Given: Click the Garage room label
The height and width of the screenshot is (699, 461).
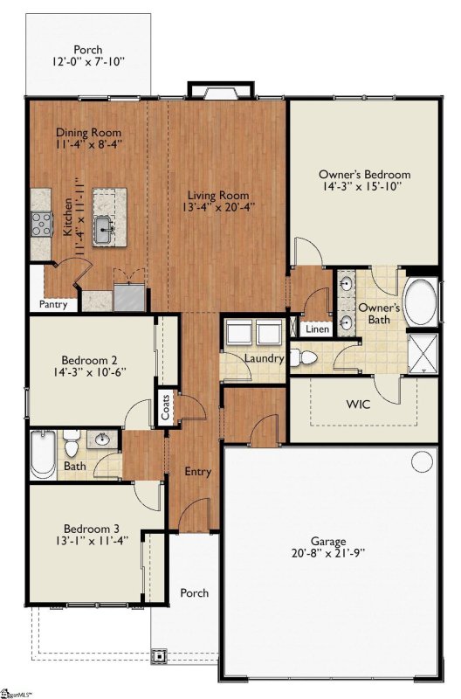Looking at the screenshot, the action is coord(328,541).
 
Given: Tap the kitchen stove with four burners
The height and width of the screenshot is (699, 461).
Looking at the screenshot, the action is coord(41,225).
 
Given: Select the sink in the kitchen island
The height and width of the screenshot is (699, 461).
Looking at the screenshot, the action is coord(104,230).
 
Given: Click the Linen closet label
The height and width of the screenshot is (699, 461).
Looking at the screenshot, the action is coord(318,329).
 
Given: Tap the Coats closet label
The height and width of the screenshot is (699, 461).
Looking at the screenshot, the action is coord(165,407).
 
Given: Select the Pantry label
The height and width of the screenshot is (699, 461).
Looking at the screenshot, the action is coord(53,304).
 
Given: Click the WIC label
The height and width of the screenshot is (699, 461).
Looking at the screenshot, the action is coord(358,405).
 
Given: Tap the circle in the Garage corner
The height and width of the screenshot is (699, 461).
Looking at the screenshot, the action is coord(422,461).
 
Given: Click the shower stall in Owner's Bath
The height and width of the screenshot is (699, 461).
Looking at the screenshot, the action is coord(423,353).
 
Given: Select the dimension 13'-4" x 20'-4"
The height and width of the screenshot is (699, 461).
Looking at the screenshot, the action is coord(218,207).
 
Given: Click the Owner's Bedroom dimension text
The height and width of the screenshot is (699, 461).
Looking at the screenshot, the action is coord(365,186).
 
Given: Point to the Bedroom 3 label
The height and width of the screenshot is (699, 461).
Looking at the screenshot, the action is coord(92,529).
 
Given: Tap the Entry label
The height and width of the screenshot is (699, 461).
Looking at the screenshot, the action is coord(198,472).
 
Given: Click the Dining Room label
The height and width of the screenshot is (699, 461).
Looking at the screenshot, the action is coord(88,133).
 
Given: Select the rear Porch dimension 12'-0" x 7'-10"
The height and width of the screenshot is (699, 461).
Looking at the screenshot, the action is coord(88,61).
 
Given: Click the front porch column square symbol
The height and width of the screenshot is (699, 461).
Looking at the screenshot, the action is coord(159,656).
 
